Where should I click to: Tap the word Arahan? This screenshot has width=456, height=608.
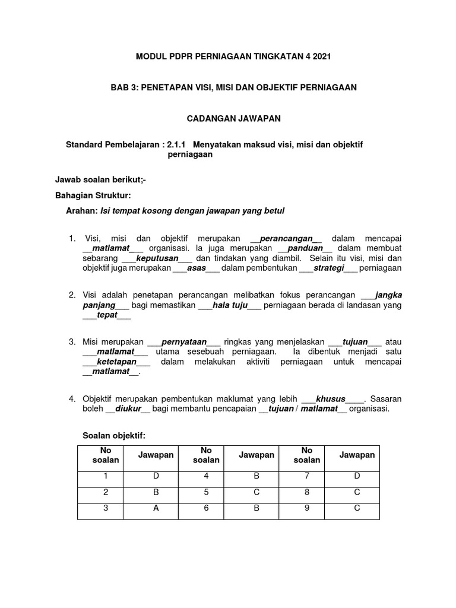[x=83, y=211]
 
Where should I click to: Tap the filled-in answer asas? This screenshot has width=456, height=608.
[x=196, y=268]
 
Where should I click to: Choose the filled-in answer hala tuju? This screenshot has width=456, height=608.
[x=229, y=305]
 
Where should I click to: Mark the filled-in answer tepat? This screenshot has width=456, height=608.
[x=107, y=315]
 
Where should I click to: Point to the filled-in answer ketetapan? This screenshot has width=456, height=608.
[x=116, y=362]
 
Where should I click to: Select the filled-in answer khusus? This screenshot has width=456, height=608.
[x=331, y=398]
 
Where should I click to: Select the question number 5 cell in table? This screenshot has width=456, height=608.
[x=206, y=492]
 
